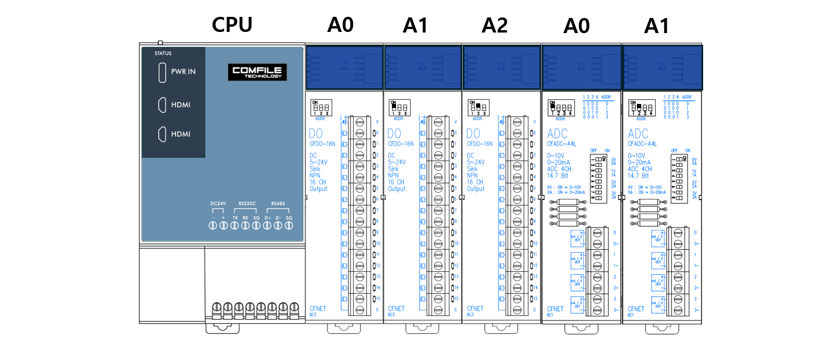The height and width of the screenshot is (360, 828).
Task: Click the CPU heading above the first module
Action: point(232,25)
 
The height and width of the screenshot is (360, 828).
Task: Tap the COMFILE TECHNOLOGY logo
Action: point(257,72)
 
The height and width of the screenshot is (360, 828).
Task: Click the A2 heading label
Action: point(494,25)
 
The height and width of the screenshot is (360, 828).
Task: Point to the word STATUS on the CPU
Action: point(163,53)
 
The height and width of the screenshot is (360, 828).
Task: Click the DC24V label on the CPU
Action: point(217,204)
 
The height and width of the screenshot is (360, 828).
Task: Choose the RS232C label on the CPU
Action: point(247,204)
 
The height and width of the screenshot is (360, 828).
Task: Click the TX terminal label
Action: point(235,217)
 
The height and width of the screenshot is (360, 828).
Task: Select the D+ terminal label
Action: point(267,217)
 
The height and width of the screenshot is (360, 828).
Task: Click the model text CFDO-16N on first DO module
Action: point(321,144)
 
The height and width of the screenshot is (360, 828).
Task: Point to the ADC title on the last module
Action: point(638,134)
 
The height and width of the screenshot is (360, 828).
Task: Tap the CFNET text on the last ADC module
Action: point(636,309)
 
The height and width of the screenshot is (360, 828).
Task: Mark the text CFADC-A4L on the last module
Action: point(642,143)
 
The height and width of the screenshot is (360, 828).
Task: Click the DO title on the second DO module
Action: point(394,134)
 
